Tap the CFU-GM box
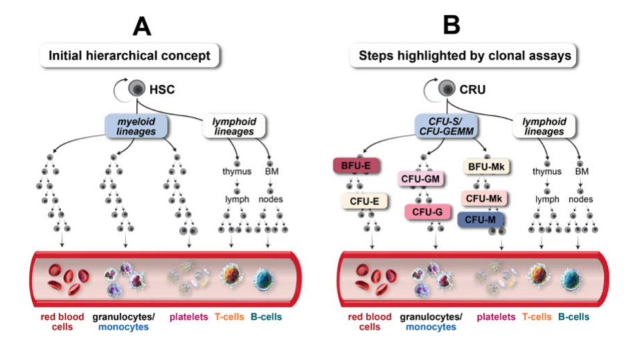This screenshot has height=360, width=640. [x=422, y=179]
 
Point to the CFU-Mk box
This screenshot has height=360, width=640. [x=485, y=198]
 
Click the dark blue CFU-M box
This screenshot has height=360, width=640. [x=481, y=219]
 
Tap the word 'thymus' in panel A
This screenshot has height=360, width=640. [x=237, y=172]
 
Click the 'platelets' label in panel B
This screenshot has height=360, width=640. [x=496, y=317]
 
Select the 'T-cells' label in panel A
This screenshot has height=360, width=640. [x=229, y=317]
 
